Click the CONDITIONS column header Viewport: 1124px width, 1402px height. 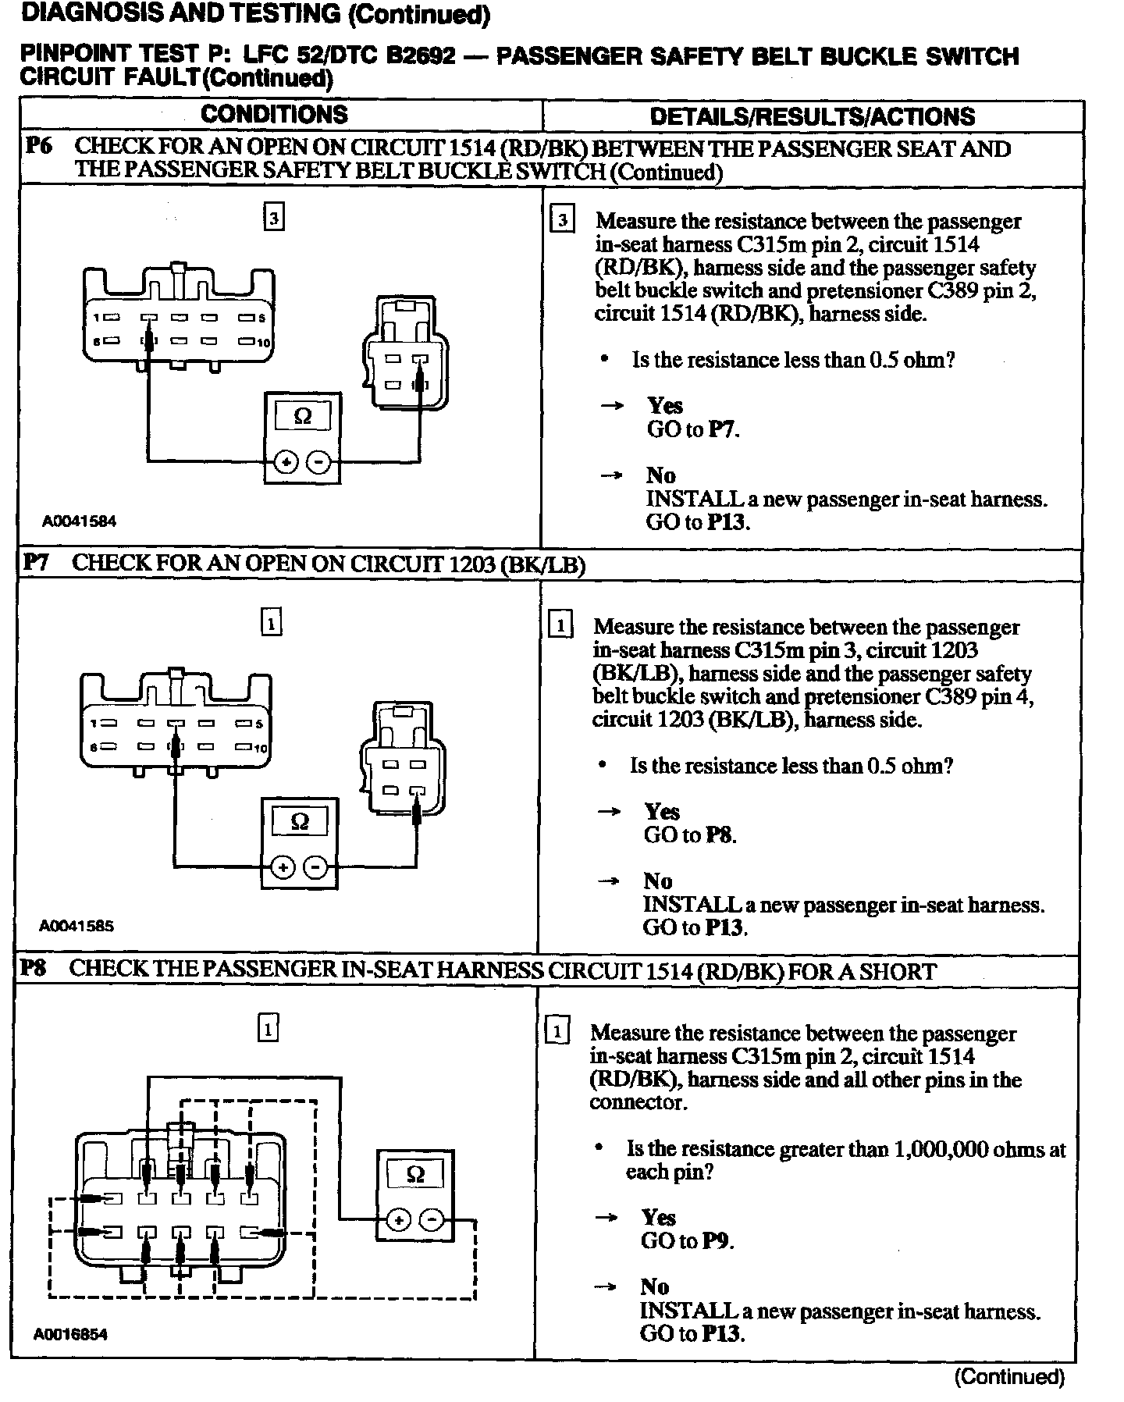[x=274, y=115]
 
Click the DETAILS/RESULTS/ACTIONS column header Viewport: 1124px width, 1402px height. [x=812, y=117]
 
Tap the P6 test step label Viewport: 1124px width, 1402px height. [x=38, y=146]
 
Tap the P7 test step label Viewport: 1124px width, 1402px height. [x=36, y=563]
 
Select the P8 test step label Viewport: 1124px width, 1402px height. [x=34, y=969]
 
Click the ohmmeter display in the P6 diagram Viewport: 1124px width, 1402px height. [x=302, y=417]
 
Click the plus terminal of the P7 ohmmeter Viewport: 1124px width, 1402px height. [x=283, y=867]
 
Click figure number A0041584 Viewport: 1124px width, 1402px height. [x=79, y=521]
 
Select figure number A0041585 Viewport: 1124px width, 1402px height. [x=76, y=926]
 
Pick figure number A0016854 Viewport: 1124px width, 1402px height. [x=70, y=1334]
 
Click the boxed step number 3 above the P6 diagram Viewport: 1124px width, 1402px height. [x=273, y=218]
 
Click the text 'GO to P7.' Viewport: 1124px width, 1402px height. [x=692, y=429]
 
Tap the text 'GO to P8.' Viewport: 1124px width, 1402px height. [x=690, y=835]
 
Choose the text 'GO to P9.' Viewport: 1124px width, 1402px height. [x=687, y=1240]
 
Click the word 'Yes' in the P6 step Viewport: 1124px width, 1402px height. [x=665, y=406]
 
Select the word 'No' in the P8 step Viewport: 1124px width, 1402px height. [x=655, y=1286]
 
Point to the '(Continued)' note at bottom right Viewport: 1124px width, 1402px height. [x=1009, y=1376]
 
